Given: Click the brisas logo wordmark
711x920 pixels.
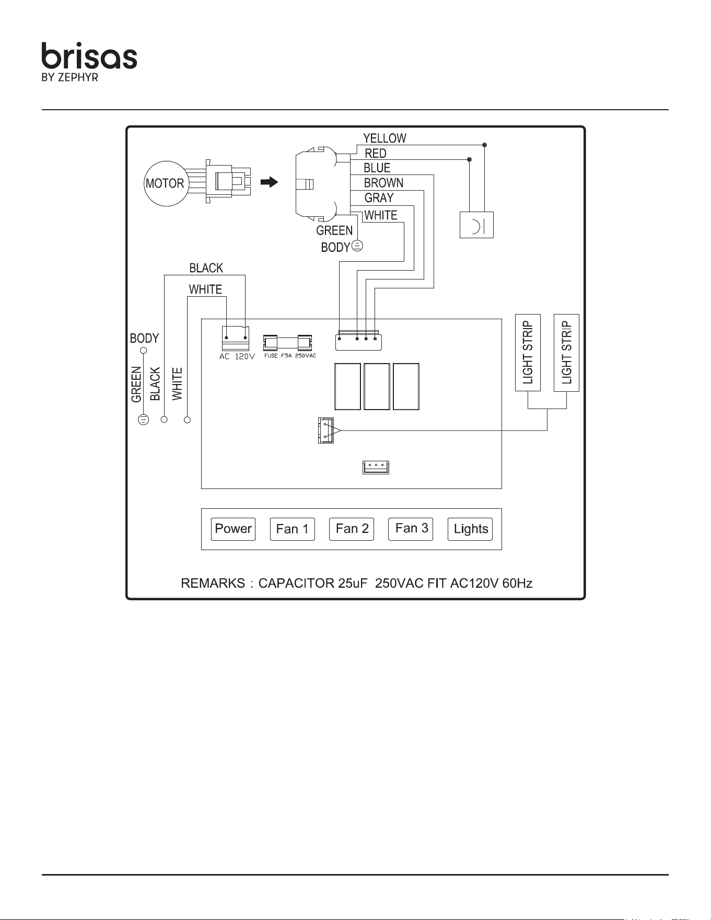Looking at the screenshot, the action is pyautogui.click(x=89, y=56).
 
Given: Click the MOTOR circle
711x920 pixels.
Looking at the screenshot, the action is pyautogui.click(x=166, y=183).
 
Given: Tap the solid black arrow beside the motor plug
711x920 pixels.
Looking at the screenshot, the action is pyautogui.click(x=269, y=182).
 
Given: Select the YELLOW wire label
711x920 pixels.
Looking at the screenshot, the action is pyautogui.click(x=384, y=138).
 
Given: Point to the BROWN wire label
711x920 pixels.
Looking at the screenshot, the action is pyautogui.click(x=383, y=183).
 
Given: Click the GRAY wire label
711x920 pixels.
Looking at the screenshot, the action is pyautogui.click(x=379, y=198).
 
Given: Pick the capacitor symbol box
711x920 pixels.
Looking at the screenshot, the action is pyautogui.click(x=476, y=225).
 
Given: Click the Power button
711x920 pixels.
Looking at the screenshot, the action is pyautogui.click(x=234, y=529).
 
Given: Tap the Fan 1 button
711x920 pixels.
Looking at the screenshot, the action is pyautogui.click(x=293, y=529).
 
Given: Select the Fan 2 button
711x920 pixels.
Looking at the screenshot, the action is pyautogui.click(x=352, y=529).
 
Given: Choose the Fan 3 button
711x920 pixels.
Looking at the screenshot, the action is pyautogui.click(x=411, y=529).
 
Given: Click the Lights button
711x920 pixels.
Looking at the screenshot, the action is pyautogui.click(x=470, y=529).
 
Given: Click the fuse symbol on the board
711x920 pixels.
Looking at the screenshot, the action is pyautogui.click(x=287, y=343).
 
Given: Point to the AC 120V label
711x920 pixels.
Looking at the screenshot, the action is pyautogui.click(x=237, y=357).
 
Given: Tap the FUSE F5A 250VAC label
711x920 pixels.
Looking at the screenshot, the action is pyautogui.click(x=290, y=356).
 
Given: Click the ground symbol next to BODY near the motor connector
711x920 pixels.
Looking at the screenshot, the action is pyautogui.click(x=357, y=245).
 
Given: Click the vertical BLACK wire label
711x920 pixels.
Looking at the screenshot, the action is pyautogui.click(x=155, y=384).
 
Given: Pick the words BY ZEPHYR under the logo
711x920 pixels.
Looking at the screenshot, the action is pyautogui.click(x=70, y=78).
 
